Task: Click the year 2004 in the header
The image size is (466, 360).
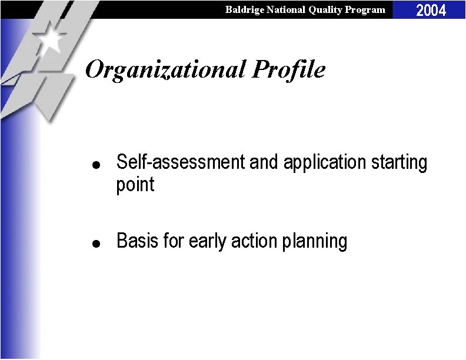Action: [x=431, y=10]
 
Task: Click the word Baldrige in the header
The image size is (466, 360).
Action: [x=244, y=9]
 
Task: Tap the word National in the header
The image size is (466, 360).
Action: [x=287, y=9]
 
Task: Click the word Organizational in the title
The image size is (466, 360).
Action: [x=165, y=70]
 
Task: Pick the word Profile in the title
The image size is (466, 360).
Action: [x=289, y=70]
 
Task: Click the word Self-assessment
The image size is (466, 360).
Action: [x=181, y=162]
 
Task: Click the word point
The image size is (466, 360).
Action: [x=135, y=185]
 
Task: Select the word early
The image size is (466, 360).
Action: [x=207, y=241]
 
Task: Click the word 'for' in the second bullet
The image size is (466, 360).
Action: [x=171, y=241]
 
